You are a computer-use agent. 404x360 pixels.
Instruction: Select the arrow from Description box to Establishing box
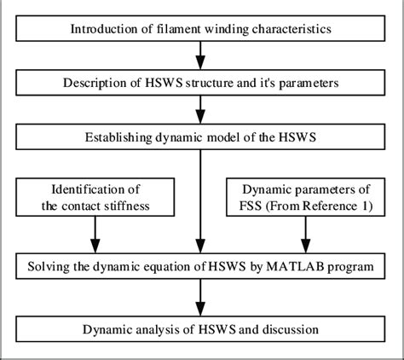point(201,110)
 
